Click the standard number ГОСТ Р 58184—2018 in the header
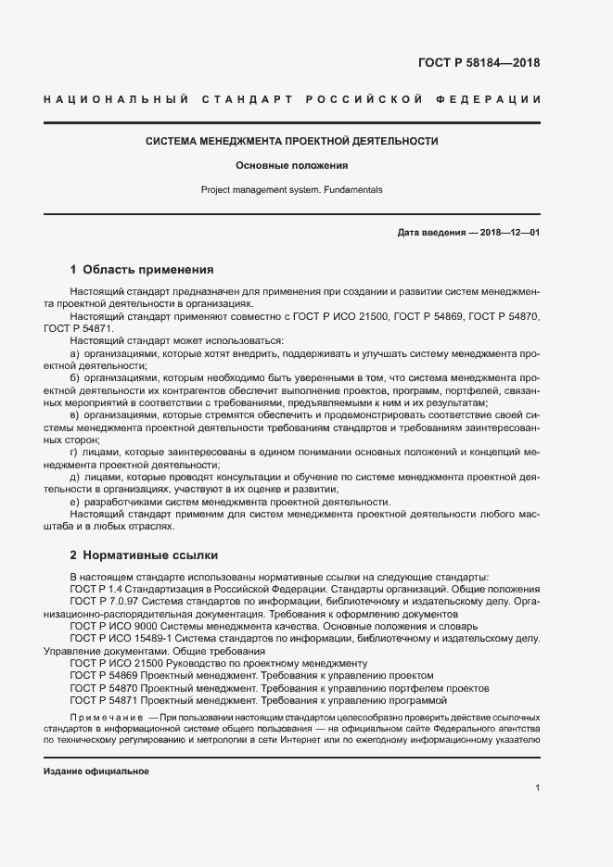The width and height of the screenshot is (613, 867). (479, 64)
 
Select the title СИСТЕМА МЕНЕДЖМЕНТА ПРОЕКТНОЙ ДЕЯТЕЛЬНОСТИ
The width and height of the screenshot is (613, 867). (291, 142)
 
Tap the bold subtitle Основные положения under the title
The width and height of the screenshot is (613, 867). (291, 166)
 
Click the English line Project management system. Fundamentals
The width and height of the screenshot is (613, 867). (291, 189)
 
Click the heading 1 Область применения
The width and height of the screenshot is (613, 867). (142, 270)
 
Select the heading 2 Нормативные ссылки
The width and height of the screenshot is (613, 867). (144, 555)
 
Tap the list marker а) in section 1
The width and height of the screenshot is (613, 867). (75, 355)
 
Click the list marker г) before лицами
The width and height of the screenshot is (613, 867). (75, 453)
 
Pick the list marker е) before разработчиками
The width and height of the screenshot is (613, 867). (75, 502)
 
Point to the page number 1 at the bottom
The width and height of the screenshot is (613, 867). (538, 788)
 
